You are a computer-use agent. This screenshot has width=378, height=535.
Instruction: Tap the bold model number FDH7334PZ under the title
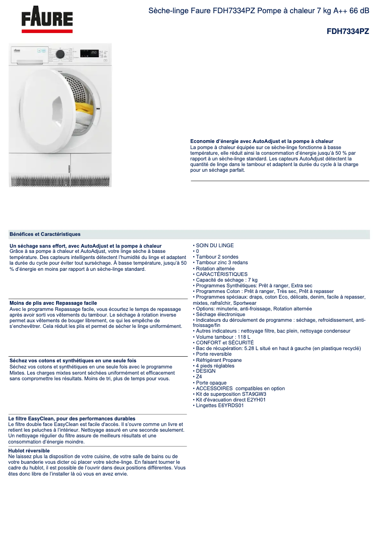click(x=348, y=32)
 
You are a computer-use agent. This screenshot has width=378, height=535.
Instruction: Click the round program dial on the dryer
click(x=60, y=54)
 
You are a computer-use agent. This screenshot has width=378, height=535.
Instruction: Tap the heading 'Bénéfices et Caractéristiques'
click(x=45, y=234)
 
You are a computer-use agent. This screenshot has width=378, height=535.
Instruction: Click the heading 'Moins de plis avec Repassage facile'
click(x=53, y=303)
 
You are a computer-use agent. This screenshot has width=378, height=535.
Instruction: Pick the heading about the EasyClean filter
click(x=72, y=418)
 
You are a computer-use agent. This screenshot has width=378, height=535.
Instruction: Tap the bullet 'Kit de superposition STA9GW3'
click(x=228, y=394)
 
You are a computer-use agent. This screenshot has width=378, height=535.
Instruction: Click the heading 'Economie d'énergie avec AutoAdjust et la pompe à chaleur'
click(x=262, y=141)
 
